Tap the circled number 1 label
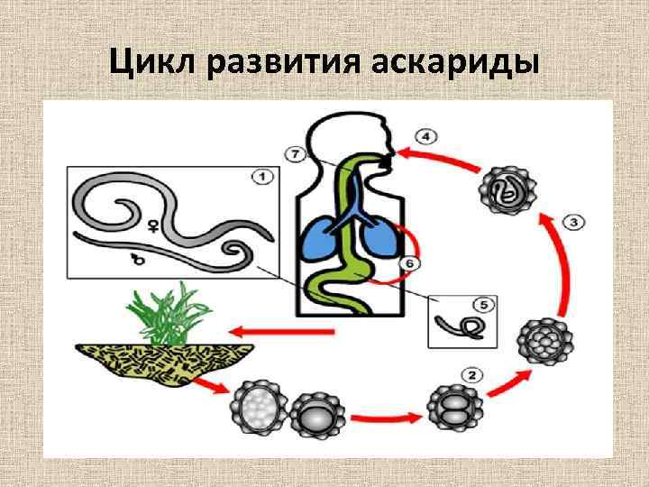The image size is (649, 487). (261, 178)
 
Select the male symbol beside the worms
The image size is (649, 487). (139, 262)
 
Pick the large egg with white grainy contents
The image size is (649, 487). (261, 409)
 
